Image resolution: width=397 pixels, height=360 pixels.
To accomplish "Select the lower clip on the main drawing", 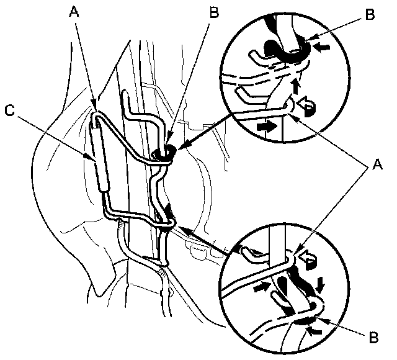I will (166, 227).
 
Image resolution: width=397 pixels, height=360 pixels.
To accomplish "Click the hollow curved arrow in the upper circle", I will (305, 107).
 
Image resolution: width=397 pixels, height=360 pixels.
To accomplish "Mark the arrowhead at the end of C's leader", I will (94, 161).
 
